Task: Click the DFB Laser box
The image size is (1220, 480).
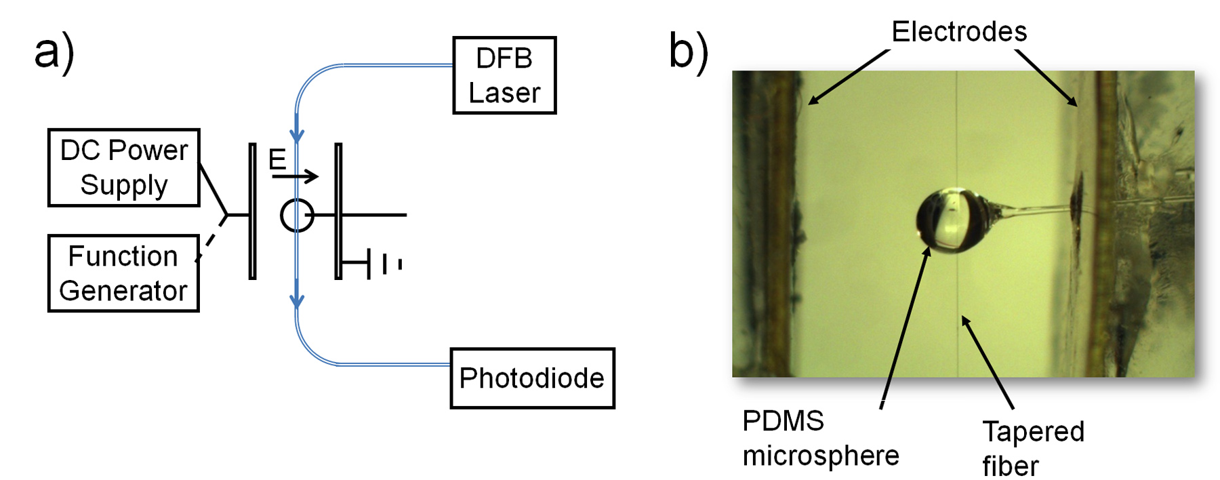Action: pos(504,75)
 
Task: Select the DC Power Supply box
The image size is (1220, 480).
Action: pos(123,167)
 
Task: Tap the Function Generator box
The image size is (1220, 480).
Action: pos(123,273)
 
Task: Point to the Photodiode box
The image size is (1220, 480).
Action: pos(532,378)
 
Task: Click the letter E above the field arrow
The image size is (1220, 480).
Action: pos(277,160)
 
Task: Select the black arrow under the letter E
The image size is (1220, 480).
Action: pos(295,177)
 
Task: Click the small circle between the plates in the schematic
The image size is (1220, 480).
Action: pos(297,216)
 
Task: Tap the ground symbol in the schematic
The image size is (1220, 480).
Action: pos(384,263)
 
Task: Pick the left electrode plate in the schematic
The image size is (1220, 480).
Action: pos(252,211)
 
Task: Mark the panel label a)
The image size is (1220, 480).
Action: pos(54,52)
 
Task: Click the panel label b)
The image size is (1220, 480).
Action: pos(689,52)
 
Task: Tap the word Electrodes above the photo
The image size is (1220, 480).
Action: pos(958,32)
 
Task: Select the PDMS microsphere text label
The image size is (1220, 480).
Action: pos(820,438)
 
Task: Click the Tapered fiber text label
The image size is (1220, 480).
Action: pos(1033,448)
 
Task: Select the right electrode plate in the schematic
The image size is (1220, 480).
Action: pos(338,211)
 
